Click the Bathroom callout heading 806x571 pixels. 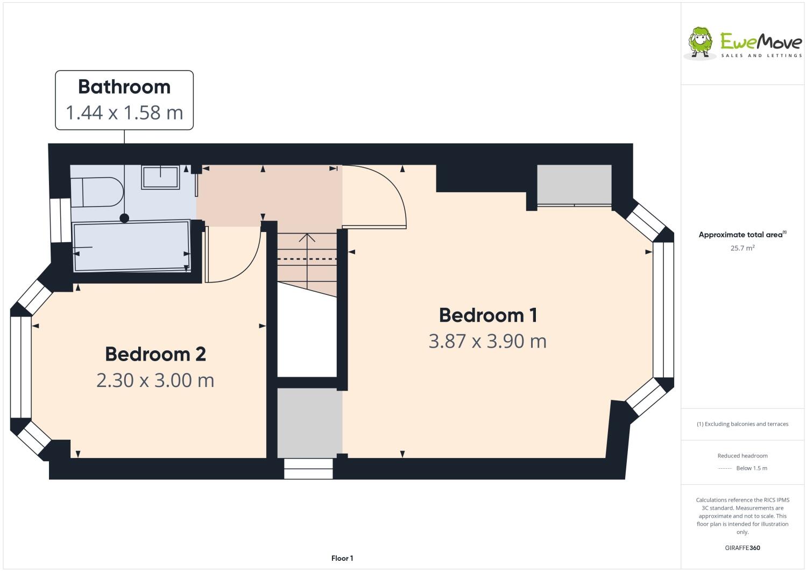124,87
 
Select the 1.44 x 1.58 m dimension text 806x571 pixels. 124,112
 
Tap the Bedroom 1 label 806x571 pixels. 487,315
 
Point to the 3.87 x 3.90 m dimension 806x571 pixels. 487,341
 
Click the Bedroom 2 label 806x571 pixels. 155,354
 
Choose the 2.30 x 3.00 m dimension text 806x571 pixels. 155,380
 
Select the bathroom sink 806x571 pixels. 160,177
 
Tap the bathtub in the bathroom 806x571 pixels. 132,245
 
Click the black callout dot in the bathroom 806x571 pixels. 124,218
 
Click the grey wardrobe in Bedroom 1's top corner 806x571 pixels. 574,185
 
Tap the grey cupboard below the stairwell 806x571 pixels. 309,422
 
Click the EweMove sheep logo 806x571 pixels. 701,41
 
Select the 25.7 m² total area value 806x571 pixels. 742,248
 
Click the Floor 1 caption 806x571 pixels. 342,558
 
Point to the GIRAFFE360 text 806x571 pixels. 742,548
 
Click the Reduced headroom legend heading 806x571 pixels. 742,456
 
